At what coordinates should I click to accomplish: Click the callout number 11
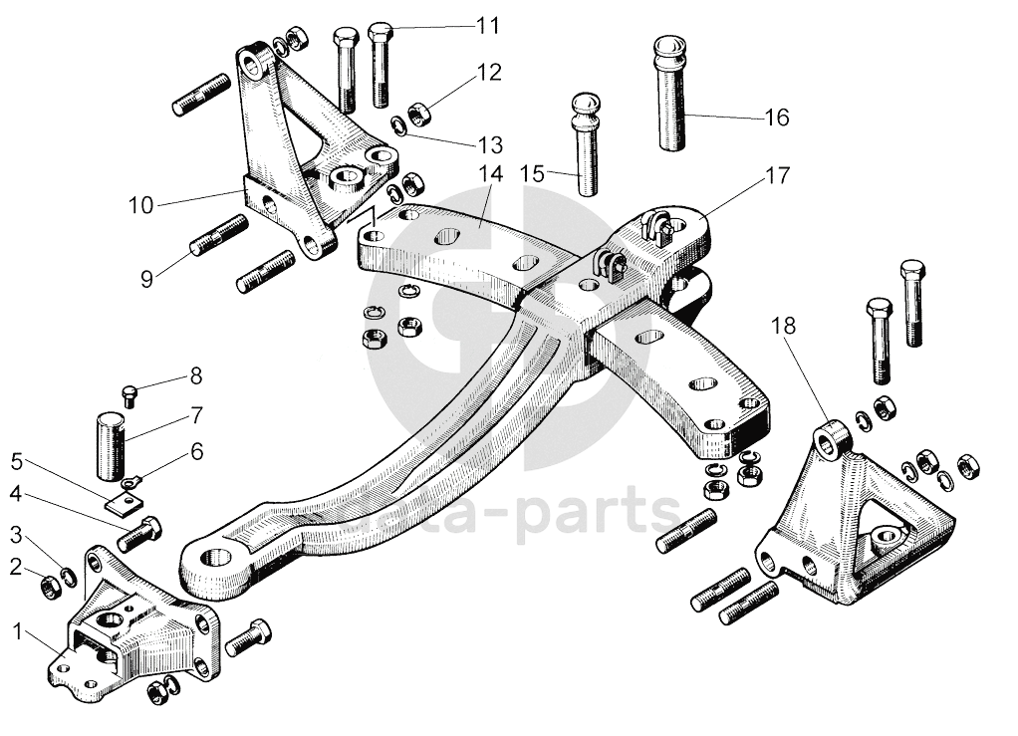(487, 25)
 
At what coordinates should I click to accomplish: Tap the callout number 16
(776, 118)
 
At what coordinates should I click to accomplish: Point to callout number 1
(17, 629)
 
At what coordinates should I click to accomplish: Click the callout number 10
(140, 205)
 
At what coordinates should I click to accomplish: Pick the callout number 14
(490, 172)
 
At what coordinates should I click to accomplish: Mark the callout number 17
(777, 175)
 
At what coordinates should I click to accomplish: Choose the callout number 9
(147, 279)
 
